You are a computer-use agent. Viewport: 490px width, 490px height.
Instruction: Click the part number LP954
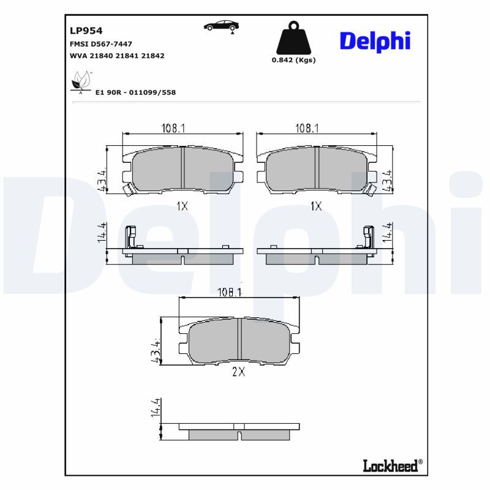[86, 31]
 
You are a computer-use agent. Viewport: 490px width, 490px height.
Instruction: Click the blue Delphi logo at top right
[375, 42]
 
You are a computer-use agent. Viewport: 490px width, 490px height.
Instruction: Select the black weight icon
[293, 38]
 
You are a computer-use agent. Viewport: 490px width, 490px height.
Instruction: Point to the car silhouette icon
[221, 26]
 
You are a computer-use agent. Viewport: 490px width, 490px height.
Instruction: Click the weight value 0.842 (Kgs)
[293, 60]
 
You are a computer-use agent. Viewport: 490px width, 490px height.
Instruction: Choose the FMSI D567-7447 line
[101, 44]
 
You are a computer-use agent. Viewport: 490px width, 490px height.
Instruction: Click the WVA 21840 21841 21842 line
[117, 56]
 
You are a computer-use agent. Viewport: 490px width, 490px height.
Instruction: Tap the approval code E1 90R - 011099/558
[135, 92]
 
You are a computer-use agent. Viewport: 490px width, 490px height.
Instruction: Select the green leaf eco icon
[81, 83]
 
